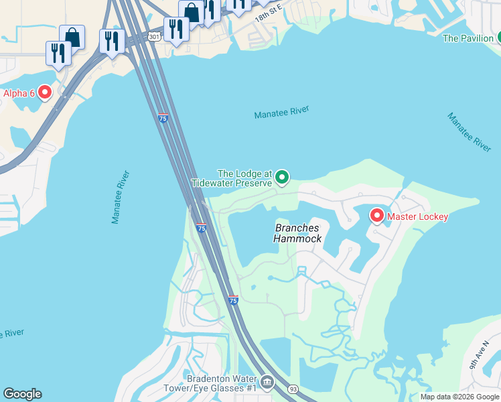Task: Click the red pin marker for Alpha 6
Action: click(x=45, y=92)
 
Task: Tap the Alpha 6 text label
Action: click(x=19, y=93)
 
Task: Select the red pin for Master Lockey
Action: click(x=376, y=216)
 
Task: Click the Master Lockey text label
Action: click(x=417, y=216)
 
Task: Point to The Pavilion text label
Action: click(x=468, y=38)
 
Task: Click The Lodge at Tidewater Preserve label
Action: click(x=232, y=178)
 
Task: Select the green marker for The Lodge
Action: click(x=282, y=177)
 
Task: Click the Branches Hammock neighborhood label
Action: click(x=298, y=233)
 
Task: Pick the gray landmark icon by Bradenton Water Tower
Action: click(x=267, y=383)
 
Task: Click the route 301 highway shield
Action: click(x=155, y=36)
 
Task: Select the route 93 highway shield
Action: click(x=293, y=389)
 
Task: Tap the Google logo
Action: click(x=22, y=394)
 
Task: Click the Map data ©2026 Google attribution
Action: click(x=459, y=397)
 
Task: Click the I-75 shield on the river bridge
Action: click(x=163, y=118)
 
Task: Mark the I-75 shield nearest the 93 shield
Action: click(x=232, y=301)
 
